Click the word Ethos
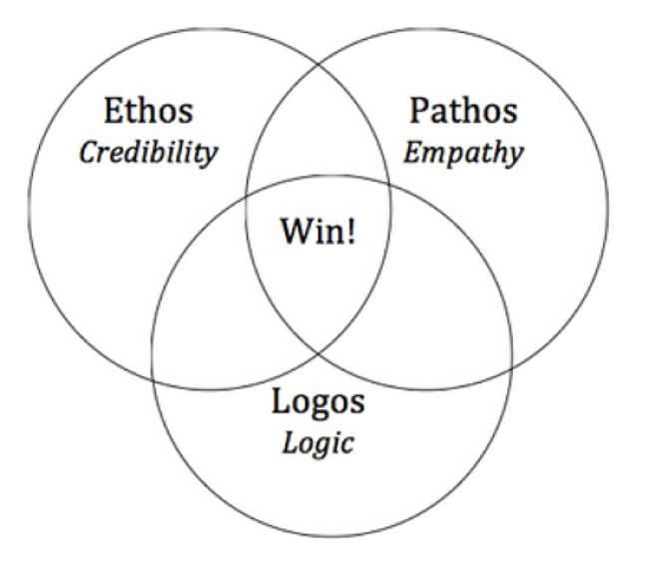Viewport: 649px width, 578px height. click(x=148, y=111)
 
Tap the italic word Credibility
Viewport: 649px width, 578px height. click(x=148, y=153)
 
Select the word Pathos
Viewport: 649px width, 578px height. click(x=463, y=111)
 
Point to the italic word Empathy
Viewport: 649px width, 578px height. click(x=463, y=154)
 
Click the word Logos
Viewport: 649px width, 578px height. click(x=318, y=400)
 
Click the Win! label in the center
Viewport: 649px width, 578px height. click(x=318, y=231)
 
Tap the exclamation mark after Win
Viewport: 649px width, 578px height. click(x=351, y=231)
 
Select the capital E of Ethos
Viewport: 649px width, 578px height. click(x=113, y=111)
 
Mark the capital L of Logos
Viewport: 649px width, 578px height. click(x=281, y=400)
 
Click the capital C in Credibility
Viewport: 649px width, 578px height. click(x=89, y=153)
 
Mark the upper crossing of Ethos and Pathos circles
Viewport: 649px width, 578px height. click(x=319, y=65)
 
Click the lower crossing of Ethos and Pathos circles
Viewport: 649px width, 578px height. click(x=319, y=354)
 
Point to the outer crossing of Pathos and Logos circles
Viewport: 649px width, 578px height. click(x=512, y=367)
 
